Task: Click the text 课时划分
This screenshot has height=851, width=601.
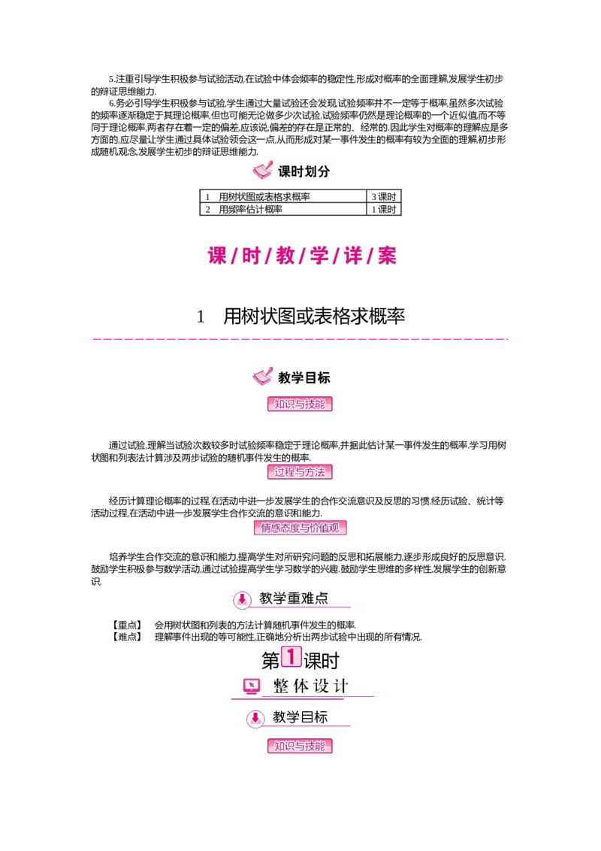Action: pos(304,171)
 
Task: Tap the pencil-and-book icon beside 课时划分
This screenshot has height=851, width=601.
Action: pos(262,171)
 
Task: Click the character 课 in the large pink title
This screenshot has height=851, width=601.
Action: pos(217,256)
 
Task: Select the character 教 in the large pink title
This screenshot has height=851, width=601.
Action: pos(285,256)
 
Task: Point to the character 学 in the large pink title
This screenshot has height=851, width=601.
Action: pos(319,256)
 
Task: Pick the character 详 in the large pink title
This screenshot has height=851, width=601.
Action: pos(353,256)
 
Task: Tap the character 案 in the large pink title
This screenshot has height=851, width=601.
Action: pos(387,256)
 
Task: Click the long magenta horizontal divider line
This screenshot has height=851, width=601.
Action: pos(300,340)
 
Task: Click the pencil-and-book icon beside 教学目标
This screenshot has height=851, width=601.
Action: pos(262,376)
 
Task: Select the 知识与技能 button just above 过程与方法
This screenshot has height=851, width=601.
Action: pos(300,404)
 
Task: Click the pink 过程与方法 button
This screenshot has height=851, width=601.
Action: pos(300,472)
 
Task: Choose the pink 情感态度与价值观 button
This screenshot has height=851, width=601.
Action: pos(300,528)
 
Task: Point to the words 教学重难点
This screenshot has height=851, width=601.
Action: pos(294,598)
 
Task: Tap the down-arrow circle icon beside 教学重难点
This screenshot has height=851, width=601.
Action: pos(242,599)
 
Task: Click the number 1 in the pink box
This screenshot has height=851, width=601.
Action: pos(291,656)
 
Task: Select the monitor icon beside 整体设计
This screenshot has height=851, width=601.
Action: pos(252,686)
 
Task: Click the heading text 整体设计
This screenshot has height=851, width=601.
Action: pos(311,686)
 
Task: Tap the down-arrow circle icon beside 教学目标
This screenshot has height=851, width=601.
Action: pos(255,718)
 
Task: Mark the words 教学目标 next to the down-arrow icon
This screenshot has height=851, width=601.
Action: pos(300,717)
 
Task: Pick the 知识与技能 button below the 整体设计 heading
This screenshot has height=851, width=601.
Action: pos(300,747)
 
